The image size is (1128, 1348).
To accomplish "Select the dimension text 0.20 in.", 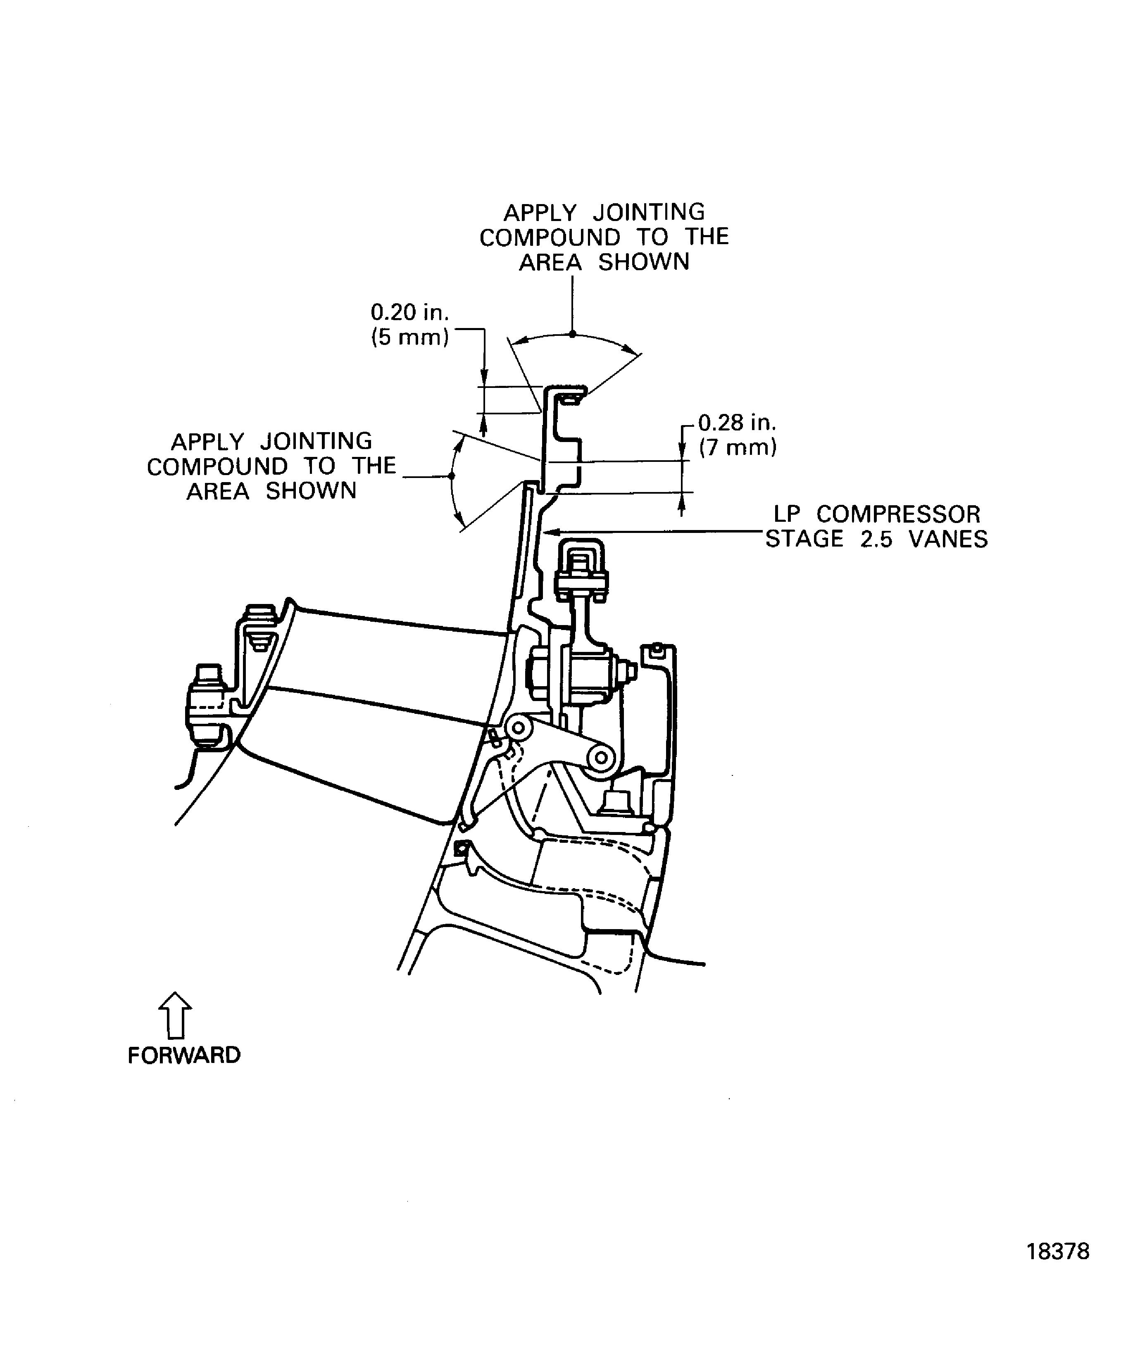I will (409, 313).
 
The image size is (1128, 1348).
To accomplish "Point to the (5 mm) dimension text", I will (409, 338).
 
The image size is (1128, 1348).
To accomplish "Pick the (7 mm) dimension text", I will (738, 447).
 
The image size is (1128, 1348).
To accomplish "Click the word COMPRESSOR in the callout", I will (898, 515).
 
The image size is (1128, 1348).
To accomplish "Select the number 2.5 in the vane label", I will (876, 539).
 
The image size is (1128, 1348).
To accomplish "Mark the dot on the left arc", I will (452, 475).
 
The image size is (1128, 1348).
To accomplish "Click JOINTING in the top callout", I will (648, 212).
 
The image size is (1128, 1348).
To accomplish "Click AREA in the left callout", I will (218, 492).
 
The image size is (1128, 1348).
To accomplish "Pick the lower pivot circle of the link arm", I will (601, 758).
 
